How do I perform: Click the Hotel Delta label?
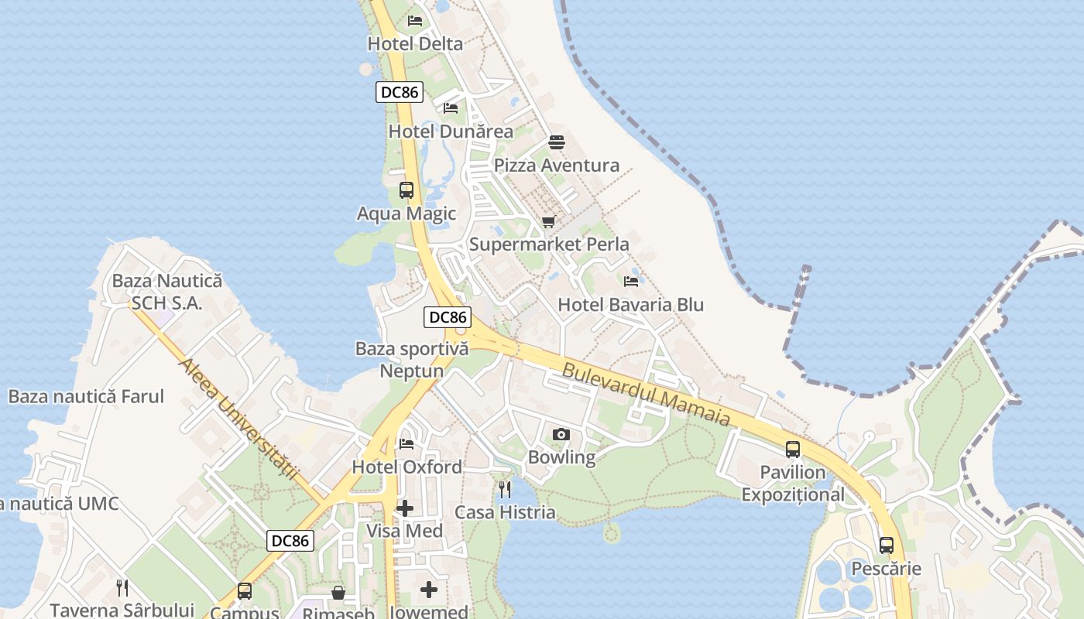[415, 44]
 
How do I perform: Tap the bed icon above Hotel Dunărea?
[451, 108]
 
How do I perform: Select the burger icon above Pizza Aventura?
[557, 142]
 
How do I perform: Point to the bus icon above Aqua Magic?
[406, 190]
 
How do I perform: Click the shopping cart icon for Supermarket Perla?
[549, 222]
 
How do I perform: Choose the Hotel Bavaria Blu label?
[630, 304]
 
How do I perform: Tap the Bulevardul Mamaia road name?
[647, 394]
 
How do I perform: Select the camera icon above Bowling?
[561, 434]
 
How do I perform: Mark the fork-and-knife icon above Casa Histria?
[505, 489]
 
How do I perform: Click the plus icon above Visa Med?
[404, 508]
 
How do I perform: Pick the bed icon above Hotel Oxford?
[406, 444]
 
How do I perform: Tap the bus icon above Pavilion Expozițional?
[793, 449]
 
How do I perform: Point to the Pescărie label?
[887, 569]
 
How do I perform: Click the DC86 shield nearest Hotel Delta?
[400, 92]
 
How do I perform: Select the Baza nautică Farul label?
[86, 397]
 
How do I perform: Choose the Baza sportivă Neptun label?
[412, 360]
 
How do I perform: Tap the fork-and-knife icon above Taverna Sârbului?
[122, 587]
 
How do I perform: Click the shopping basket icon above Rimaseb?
[338, 593]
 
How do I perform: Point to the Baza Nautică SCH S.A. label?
[166, 292]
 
